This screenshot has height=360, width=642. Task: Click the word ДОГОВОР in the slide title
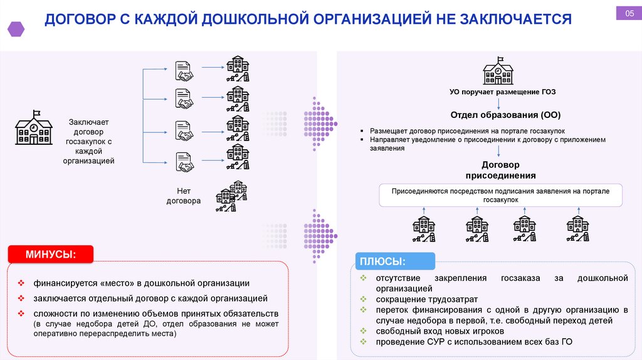80,19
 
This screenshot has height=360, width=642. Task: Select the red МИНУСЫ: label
51,255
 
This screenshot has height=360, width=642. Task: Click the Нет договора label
183,196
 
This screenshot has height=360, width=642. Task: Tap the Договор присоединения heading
500,170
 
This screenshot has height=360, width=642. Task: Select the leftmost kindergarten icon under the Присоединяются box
424,229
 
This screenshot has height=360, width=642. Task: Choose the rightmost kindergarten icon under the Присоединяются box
576,229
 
